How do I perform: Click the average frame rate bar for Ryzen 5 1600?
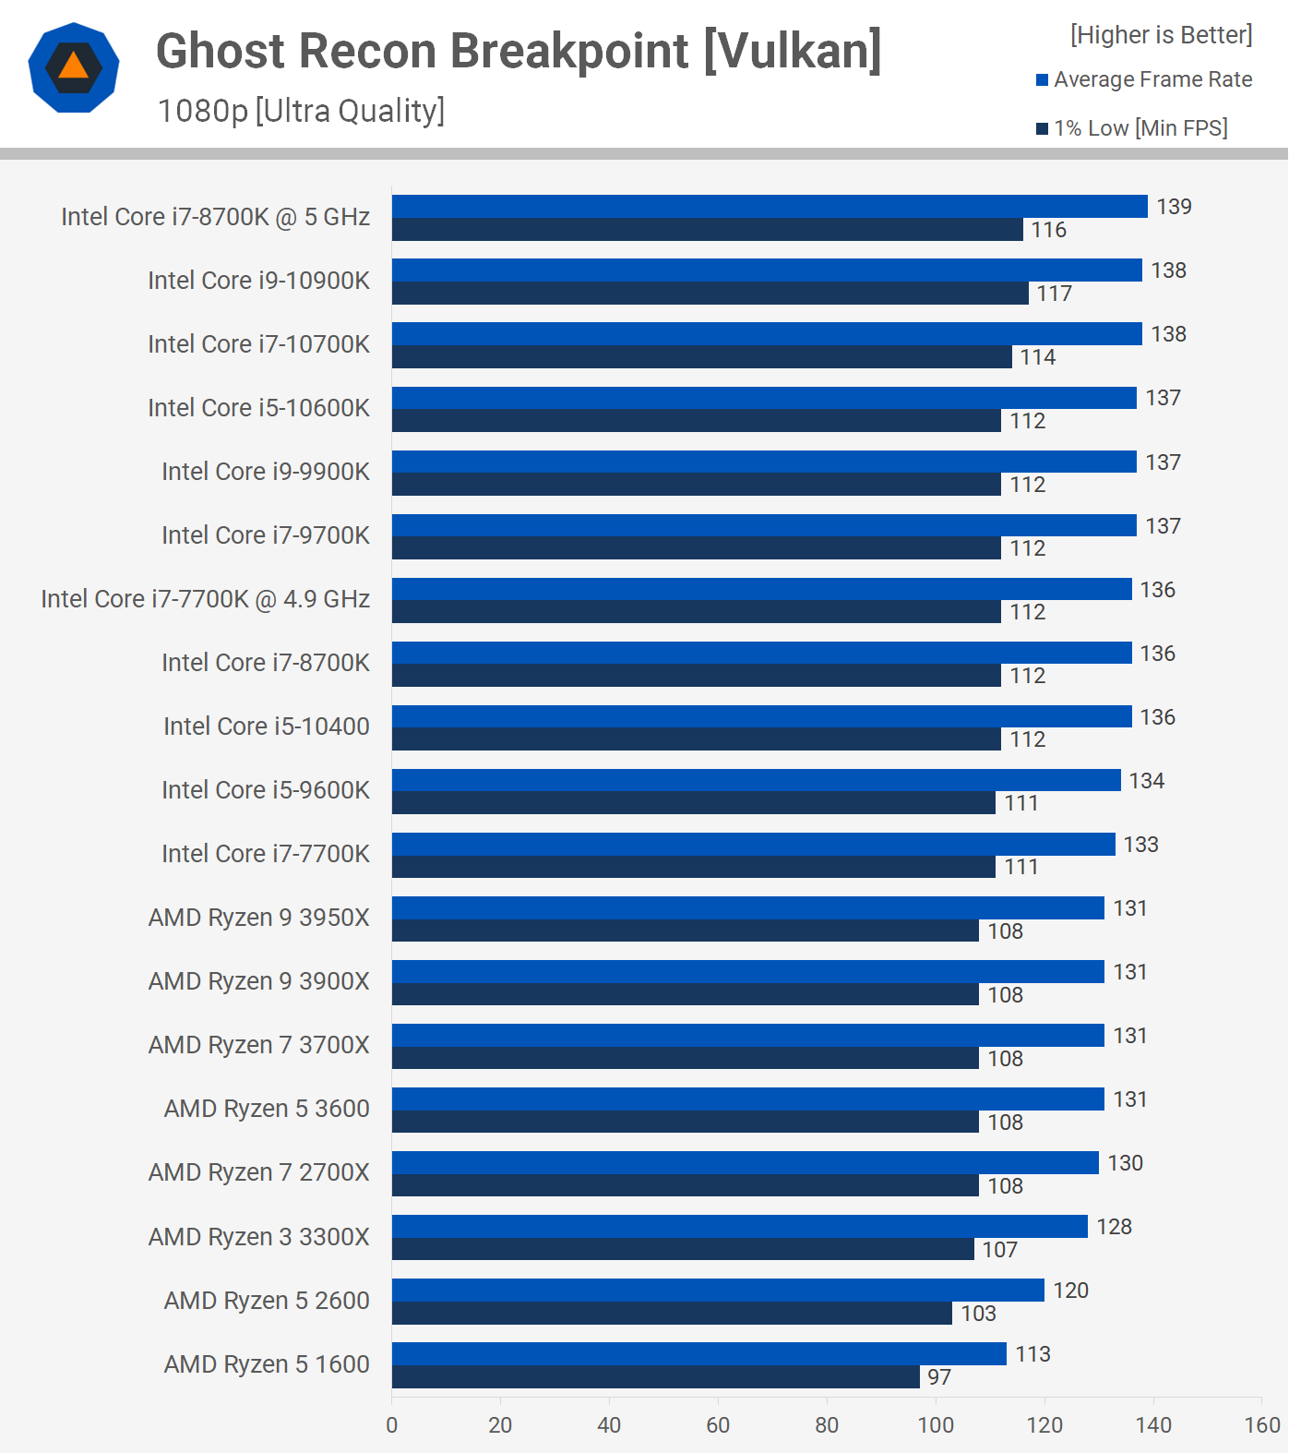pos(698,1353)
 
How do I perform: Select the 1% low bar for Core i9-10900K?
pos(710,294)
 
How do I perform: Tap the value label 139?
pos(1174,207)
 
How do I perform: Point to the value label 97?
pos(939,1377)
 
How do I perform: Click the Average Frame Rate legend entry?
pos(1144,79)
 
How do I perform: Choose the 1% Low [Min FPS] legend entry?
pos(1132,128)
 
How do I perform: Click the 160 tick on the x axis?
pos(1262,1425)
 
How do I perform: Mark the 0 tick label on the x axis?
pos(392,1425)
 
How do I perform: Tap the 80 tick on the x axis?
pos(827,1425)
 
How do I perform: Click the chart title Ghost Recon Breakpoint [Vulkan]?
pos(519,51)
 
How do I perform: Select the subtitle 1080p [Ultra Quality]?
pos(301,111)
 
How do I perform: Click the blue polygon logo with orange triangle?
pos(74,67)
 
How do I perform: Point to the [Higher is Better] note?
pos(1161,35)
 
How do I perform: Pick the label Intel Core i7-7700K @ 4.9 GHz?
pos(205,599)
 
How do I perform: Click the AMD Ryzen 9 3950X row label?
pos(258,918)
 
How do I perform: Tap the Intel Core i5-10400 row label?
pos(266,726)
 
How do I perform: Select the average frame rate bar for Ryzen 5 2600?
pos(718,1290)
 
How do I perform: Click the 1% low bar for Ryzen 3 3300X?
pos(683,1250)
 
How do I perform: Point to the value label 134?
pos(1146,781)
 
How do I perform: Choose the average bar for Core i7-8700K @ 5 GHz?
pos(770,207)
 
